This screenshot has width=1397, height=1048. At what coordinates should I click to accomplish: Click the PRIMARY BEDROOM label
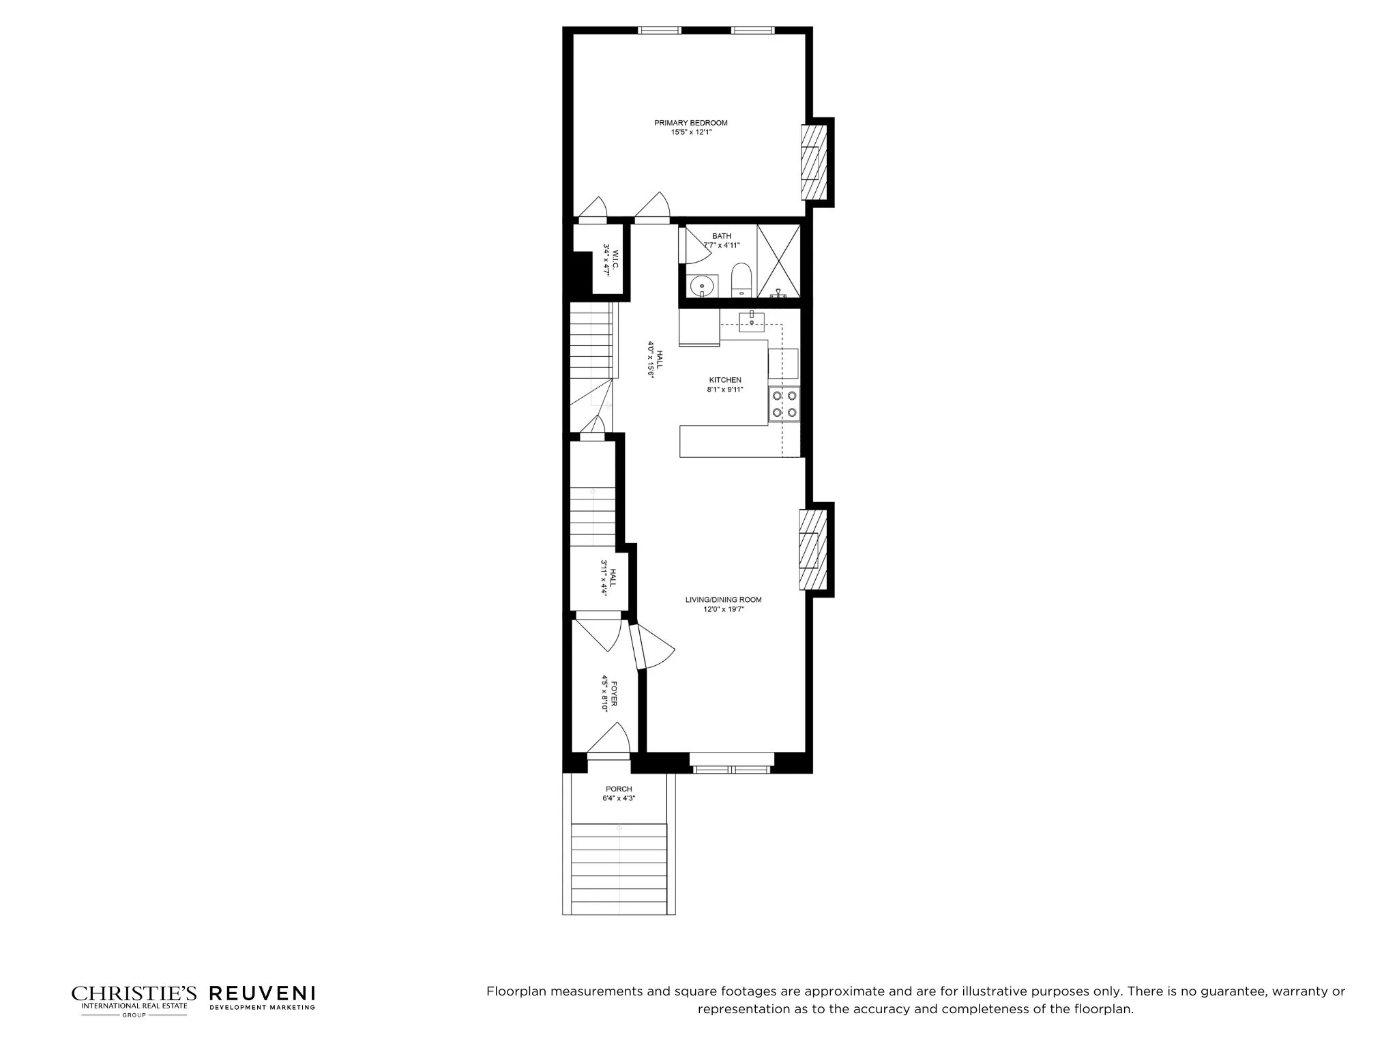click(x=690, y=123)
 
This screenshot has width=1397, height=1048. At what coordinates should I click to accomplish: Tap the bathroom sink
click(x=701, y=285)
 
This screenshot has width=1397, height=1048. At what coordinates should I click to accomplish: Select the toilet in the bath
click(x=741, y=280)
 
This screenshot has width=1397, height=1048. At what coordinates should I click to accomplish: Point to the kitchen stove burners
click(x=784, y=403)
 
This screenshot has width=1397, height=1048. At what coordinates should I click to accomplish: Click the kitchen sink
click(x=751, y=320)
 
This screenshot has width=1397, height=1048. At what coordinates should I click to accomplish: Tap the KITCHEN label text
click(x=724, y=380)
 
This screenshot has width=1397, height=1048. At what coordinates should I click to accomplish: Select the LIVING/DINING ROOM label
click(x=723, y=600)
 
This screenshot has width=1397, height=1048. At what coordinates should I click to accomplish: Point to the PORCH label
click(x=619, y=789)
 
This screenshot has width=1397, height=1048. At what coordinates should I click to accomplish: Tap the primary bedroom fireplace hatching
click(x=810, y=162)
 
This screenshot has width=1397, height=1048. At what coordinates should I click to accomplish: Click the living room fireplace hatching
click(x=809, y=550)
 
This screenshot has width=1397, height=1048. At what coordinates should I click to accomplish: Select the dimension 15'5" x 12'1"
click(x=691, y=132)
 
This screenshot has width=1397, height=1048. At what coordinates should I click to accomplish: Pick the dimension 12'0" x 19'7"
click(x=724, y=609)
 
